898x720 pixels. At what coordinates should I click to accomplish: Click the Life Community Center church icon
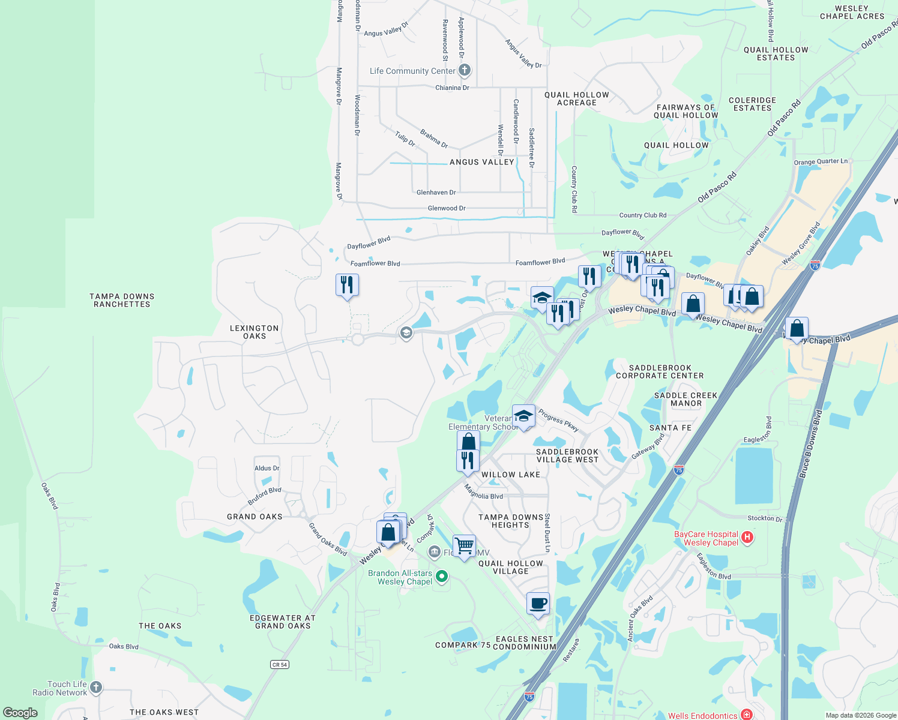(x=464, y=70)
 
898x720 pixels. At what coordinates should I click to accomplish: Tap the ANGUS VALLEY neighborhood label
(x=482, y=162)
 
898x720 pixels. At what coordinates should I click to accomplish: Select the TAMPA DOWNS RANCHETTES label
(x=122, y=301)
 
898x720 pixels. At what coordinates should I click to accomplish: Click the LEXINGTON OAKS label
(x=255, y=332)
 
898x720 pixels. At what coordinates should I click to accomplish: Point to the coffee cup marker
(x=538, y=604)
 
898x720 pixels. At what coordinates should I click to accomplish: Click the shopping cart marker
(x=464, y=546)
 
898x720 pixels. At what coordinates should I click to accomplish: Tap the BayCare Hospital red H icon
(x=747, y=537)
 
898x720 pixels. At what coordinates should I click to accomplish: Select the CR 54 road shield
(x=280, y=664)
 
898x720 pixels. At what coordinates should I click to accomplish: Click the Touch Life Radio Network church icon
(x=96, y=688)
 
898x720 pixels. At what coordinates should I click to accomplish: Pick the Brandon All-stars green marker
(x=442, y=577)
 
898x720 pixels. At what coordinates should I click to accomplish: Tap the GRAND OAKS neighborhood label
(x=255, y=517)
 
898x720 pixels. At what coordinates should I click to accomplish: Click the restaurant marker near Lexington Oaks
(x=347, y=285)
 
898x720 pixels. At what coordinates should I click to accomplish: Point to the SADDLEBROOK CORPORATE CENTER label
(x=660, y=372)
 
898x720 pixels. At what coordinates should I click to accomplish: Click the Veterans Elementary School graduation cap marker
(x=523, y=416)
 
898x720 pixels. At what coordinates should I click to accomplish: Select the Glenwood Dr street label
(x=447, y=208)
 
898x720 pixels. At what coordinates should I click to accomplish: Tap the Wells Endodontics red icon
(x=746, y=715)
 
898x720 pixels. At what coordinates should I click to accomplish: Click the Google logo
(x=20, y=713)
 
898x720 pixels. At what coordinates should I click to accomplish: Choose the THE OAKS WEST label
(x=164, y=712)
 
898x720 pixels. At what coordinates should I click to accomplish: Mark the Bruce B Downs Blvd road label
(x=810, y=444)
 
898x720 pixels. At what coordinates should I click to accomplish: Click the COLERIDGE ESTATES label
(x=752, y=104)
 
